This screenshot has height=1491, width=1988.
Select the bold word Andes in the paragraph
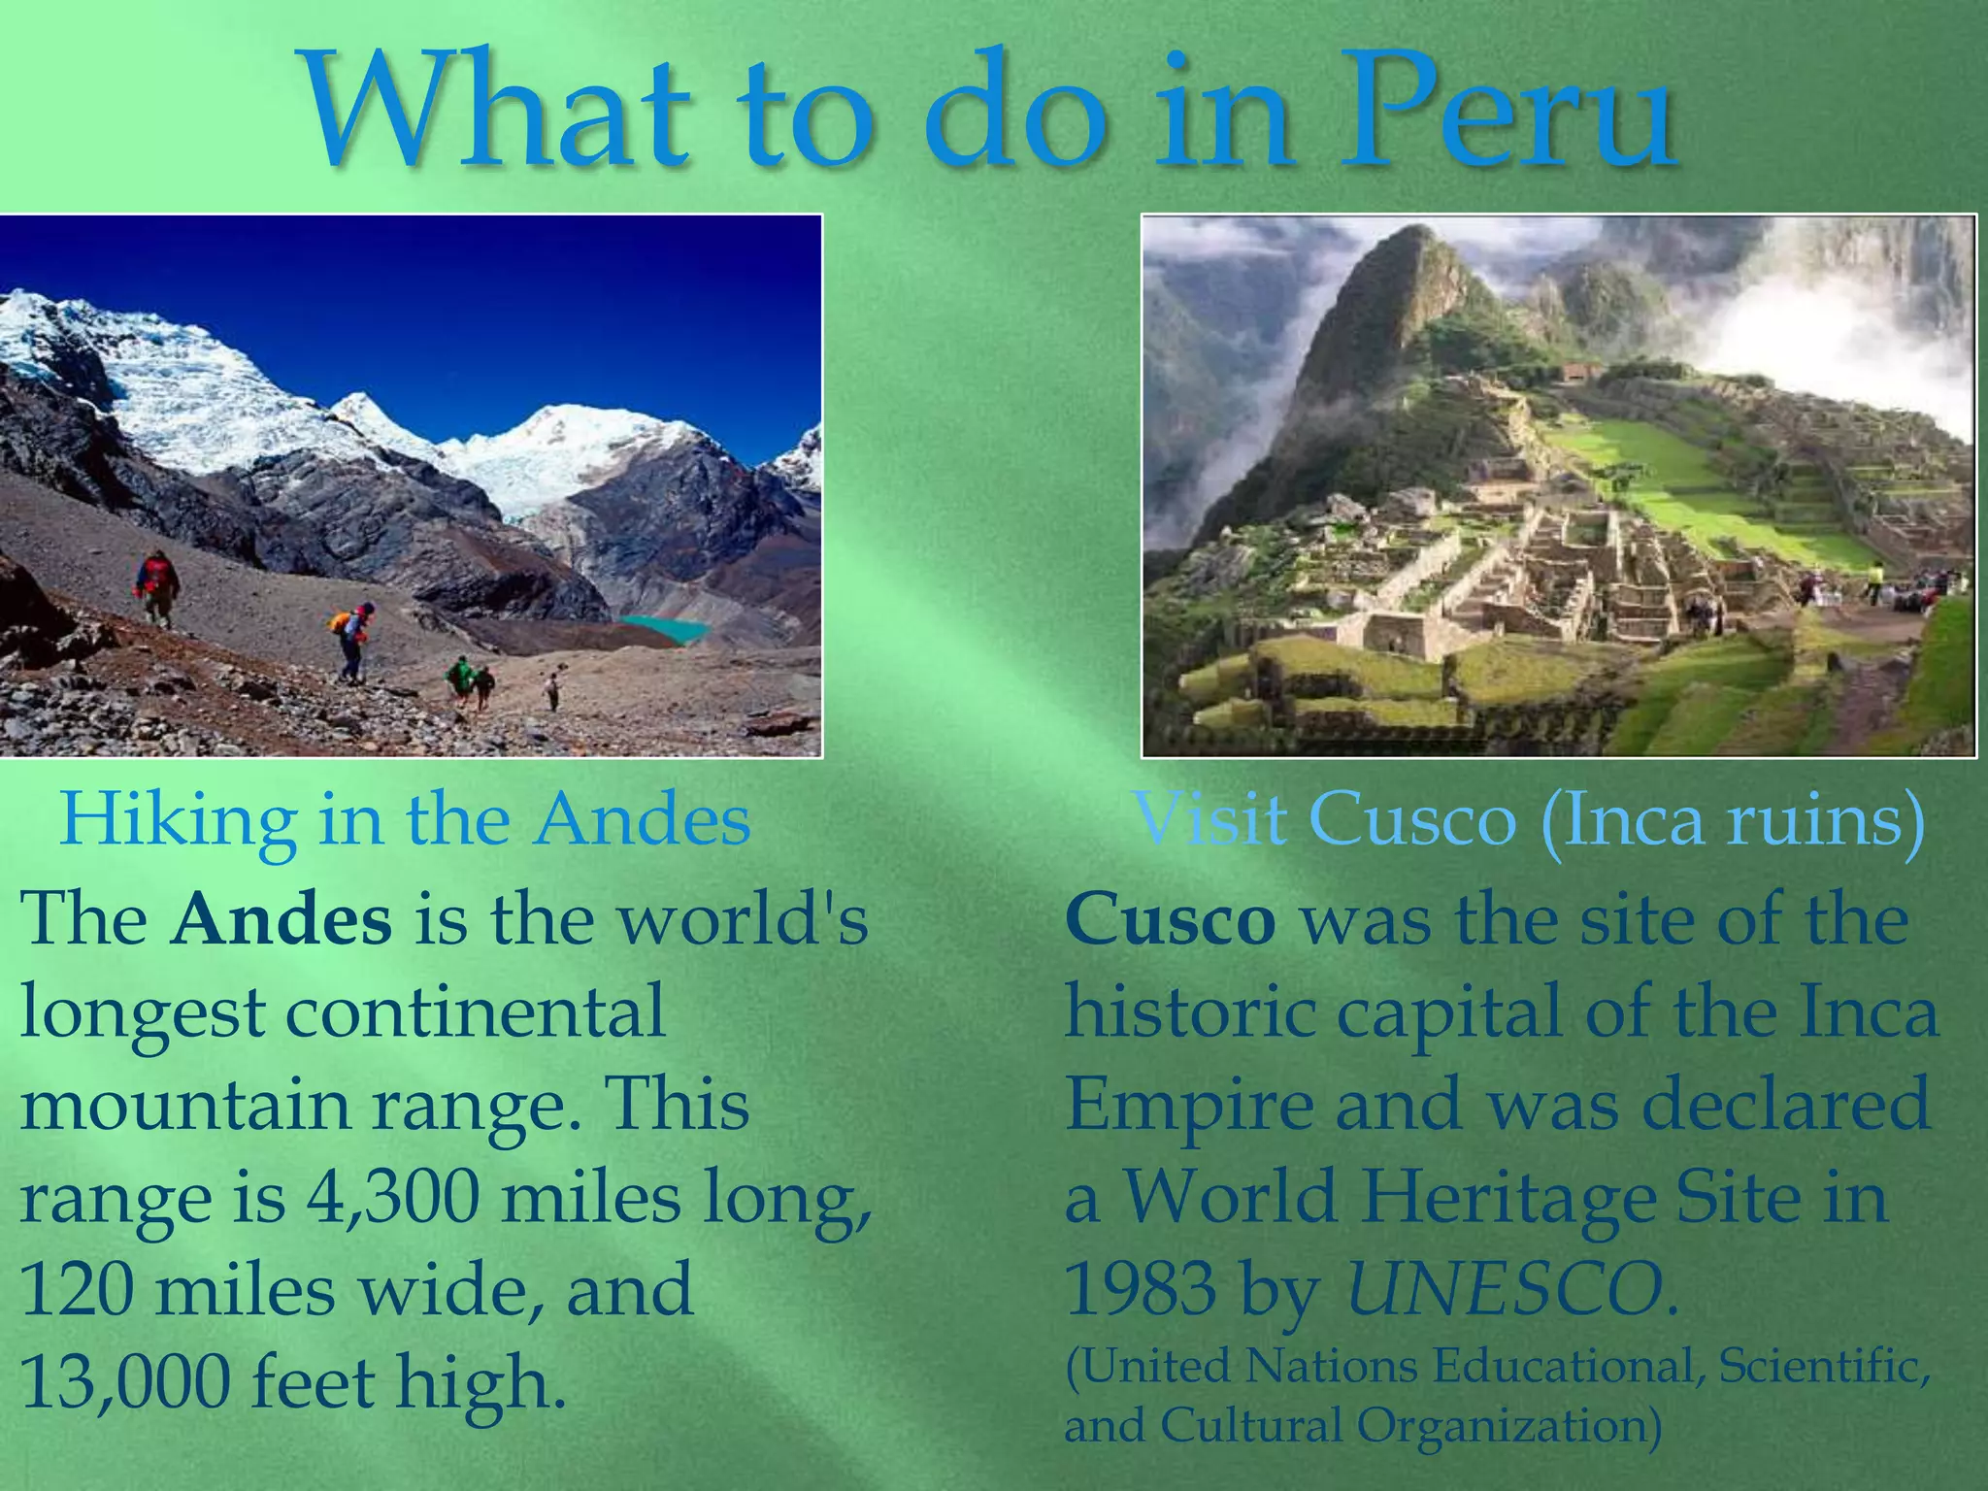click(x=282, y=919)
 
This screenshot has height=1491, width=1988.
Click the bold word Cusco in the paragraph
click(x=1170, y=919)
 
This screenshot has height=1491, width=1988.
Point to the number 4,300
click(x=393, y=1198)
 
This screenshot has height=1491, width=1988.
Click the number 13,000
click(x=124, y=1382)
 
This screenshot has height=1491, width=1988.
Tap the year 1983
click(x=1141, y=1290)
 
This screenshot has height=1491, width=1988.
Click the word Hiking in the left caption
click(x=179, y=820)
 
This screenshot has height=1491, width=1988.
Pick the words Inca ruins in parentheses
click(x=1733, y=820)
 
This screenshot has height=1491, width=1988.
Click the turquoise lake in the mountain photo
click(x=665, y=628)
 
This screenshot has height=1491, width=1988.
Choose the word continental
click(x=476, y=1012)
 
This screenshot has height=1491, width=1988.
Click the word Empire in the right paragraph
click(x=1189, y=1106)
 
